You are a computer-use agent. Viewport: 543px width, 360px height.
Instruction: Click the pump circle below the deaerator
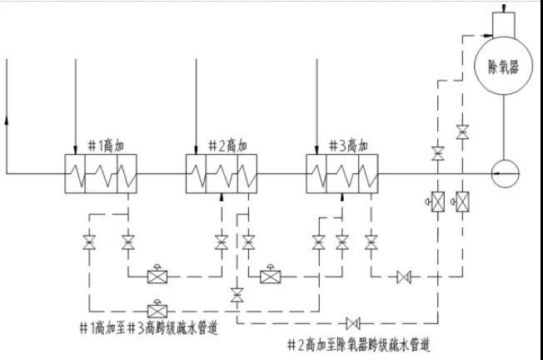pos(504,173)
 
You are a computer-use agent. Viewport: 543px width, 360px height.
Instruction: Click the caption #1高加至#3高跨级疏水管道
pos(148,327)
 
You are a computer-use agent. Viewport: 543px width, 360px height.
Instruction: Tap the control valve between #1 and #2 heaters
pos(156,276)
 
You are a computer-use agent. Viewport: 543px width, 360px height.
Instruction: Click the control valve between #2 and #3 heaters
pos(271,276)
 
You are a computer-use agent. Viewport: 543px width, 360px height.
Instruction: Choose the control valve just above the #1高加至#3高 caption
pos(156,306)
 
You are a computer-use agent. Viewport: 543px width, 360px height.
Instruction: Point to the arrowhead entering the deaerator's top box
pos(486,34)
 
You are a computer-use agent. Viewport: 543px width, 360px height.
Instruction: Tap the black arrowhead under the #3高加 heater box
pos(342,197)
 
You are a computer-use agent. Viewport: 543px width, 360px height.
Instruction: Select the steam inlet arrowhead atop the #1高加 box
pos(75,151)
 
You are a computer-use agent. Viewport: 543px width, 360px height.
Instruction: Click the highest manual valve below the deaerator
pos(462,132)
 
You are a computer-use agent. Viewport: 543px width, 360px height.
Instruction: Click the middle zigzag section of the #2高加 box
pos(221,174)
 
